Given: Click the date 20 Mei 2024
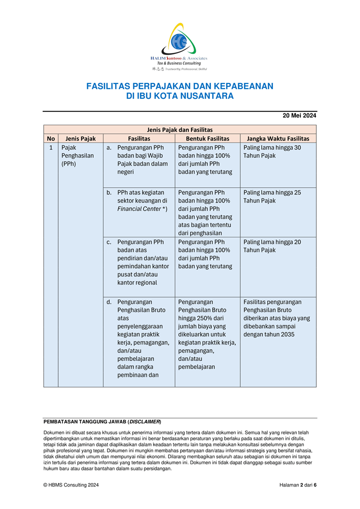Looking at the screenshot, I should pos(299,116).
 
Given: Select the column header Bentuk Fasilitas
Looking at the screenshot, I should pos(207,138).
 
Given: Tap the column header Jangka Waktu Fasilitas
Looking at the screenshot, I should pos(278,138).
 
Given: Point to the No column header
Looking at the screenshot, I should pos(51,138).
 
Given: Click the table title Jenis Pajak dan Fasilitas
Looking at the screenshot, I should pos(180,130).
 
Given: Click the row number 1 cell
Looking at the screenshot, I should pos(51,148).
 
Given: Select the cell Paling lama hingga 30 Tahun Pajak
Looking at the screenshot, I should pos(272,152).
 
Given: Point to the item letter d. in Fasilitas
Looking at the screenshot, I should pos(109,302).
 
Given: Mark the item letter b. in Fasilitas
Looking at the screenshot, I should pos(109,193).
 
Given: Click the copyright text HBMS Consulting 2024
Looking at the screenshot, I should pos(71,485).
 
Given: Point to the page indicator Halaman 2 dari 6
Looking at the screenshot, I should pos(298,485).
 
